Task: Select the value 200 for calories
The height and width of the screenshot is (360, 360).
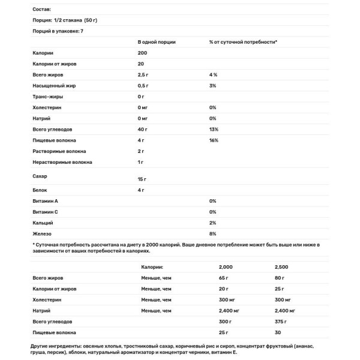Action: (142, 53)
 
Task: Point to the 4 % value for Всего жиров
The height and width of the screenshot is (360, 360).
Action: (212, 74)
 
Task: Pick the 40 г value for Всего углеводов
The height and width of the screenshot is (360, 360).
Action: (143, 129)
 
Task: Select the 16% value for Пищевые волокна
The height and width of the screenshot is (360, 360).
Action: (214, 140)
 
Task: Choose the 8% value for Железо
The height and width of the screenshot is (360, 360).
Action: (212, 233)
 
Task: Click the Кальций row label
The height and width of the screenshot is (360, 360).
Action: (42, 223)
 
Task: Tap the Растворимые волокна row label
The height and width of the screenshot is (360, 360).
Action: (59, 151)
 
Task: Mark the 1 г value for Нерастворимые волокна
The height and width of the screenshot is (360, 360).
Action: (141, 162)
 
